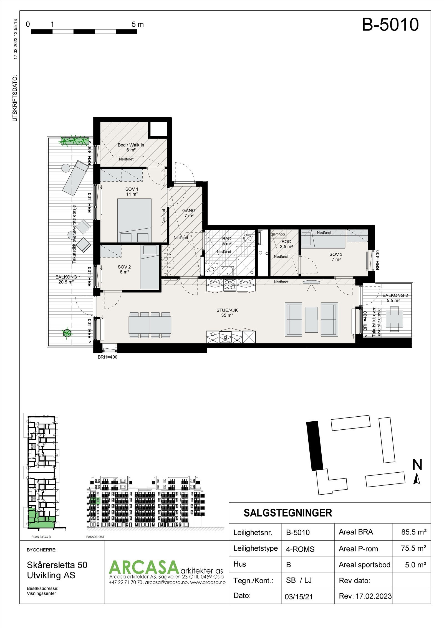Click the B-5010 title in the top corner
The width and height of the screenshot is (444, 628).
pos(390,24)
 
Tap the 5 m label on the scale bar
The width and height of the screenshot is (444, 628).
pos(138,24)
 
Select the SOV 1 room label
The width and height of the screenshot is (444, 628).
pos(132,191)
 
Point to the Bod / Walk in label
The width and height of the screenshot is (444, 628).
pos(131,147)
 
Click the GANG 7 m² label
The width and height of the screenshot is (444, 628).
pos(189,213)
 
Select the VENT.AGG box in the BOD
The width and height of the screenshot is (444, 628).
pos(278,234)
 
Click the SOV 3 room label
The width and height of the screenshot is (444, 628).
pos(336,257)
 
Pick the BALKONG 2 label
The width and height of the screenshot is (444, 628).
pos(395,298)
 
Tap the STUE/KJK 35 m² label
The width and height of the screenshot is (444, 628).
pos(227,313)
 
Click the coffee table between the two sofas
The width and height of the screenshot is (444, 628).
pos(311,319)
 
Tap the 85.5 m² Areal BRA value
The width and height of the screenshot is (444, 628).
pos(413,532)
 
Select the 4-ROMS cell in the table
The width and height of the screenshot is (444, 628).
pos(300,549)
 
